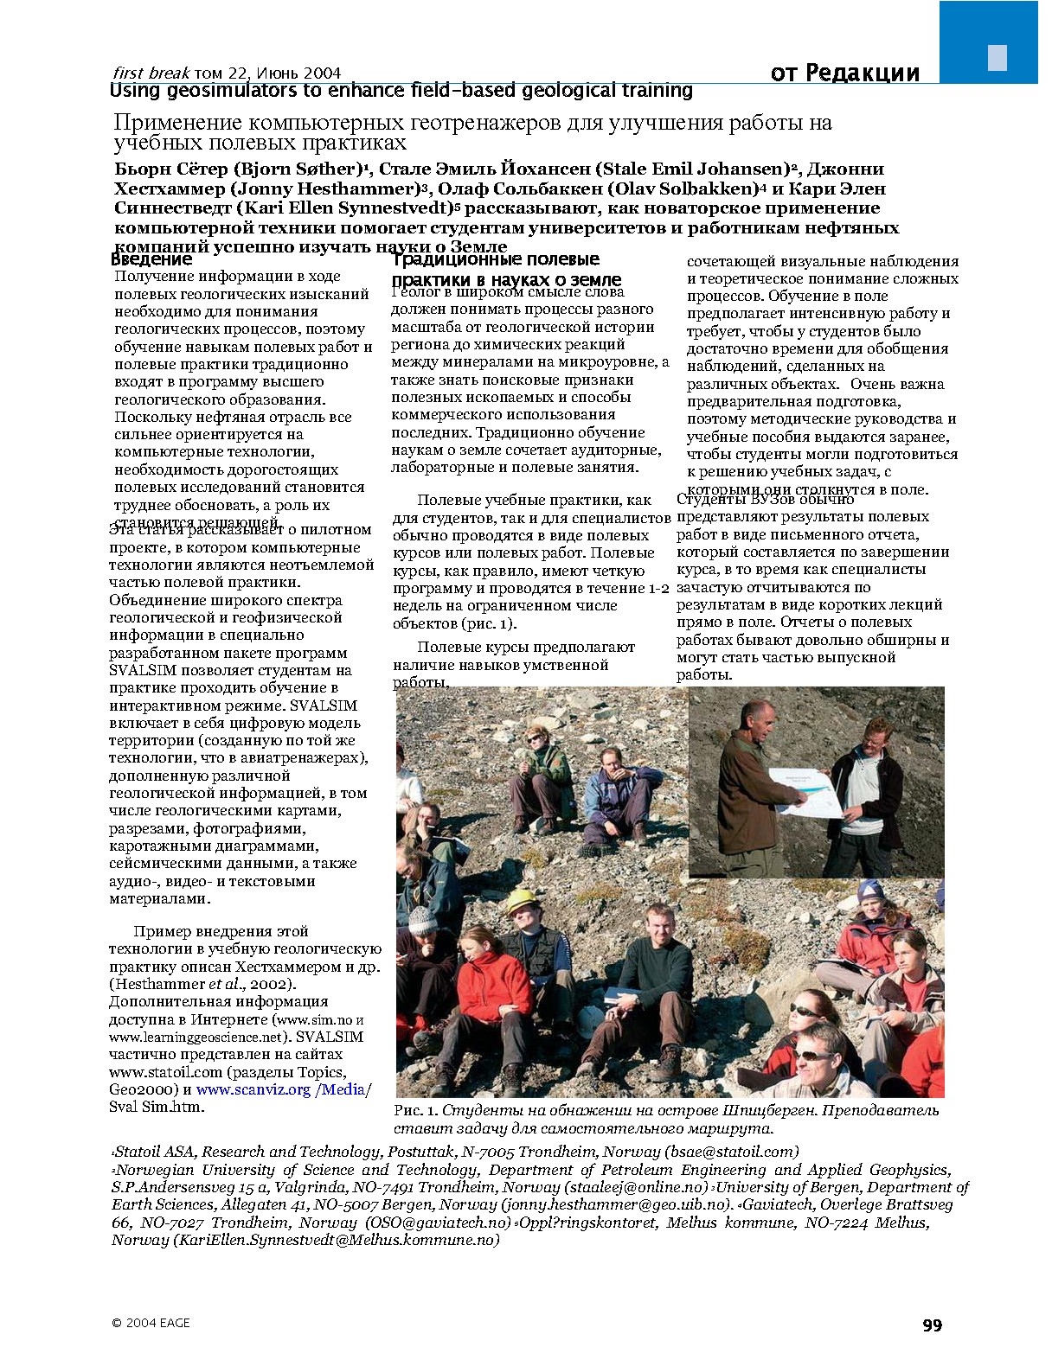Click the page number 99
(932, 1325)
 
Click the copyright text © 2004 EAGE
(151, 1323)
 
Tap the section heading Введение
(151, 259)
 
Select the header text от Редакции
(844, 73)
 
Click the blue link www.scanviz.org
(253, 1089)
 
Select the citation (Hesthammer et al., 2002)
(202, 984)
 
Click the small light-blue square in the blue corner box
(997, 57)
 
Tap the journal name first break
(151, 73)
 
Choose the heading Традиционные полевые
(495, 259)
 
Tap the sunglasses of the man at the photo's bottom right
(812, 1054)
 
